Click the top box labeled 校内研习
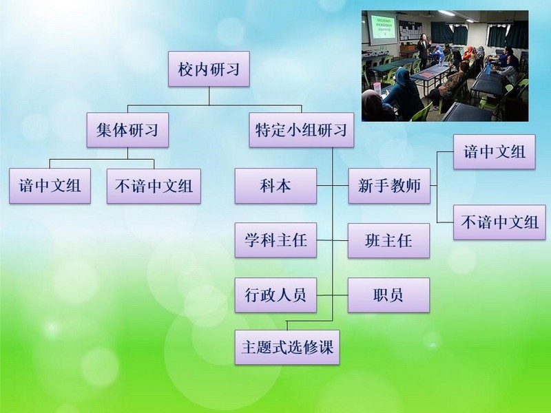pyautogui.click(x=209, y=69)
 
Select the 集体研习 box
pyautogui.click(x=127, y=130)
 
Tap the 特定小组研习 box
pyautogui.click(x=302, y=130)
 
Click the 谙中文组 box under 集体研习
pyautogui.click(x=50, y=186)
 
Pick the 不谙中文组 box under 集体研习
pyautogui.click(x=154, y=186)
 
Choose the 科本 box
pyautogui.click(x=276, y=186)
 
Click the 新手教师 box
pyautogui.click(x=389, y=186)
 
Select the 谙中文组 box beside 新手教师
pyautogui.click(x=495, y=151)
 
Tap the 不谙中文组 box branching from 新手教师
pyautogui.click(x=500, y=222)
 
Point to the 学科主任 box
pyautogui.click(x=276, y=240)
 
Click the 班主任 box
pyautogui.click(x=388, y=240)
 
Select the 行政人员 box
pyautogui.click(x=276, y=295)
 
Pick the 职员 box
pyautogui.click(x=388, y=295)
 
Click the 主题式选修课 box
pyautogui.click(x=287, y=348)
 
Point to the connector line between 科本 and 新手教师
pyautogui.click(x=333, y=185)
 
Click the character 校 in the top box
pyautogui.click(x=185, y=69)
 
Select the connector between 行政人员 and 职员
pyautogui.click(x=333, y=295)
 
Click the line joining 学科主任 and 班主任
pyautogui.click(x=333, y=240)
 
